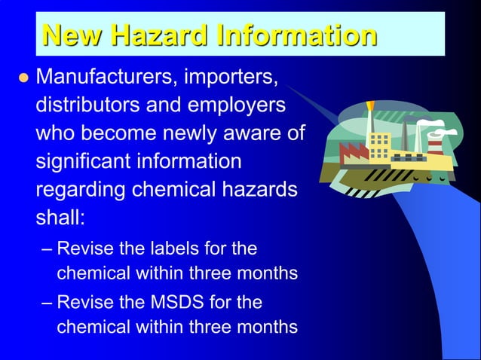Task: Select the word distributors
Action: (x=87, y=105)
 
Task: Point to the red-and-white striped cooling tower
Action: (x=435, y=142)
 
